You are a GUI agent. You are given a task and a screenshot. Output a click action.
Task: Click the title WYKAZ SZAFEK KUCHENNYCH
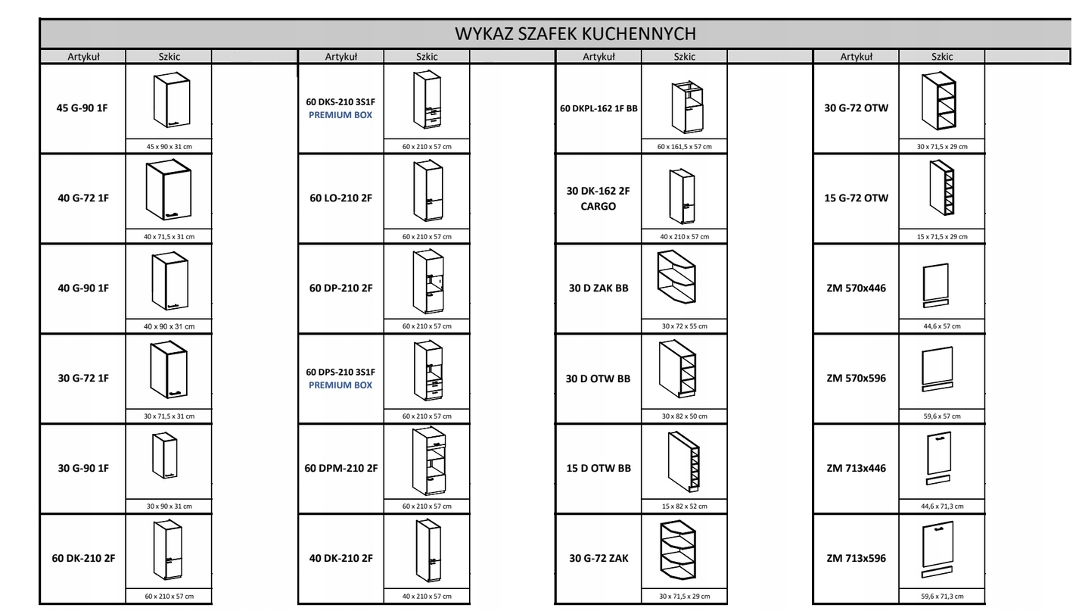(575, 34)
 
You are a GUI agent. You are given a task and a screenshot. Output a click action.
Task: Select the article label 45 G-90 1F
(83, 108)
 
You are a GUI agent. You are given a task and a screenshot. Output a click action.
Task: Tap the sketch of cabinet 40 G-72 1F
(169, 192)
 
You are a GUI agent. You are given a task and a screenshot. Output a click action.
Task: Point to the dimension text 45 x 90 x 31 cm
(169, 147)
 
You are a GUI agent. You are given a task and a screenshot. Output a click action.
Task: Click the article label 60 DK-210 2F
(83, 559)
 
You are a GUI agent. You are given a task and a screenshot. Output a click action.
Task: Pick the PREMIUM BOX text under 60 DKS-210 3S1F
(340, 115)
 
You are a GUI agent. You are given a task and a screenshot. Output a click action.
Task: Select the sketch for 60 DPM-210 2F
(427, 460)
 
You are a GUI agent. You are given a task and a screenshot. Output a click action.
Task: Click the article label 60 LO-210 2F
(340, 198)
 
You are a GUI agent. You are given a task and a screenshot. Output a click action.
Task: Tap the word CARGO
(598, 206)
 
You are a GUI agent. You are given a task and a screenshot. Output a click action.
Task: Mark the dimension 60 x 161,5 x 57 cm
(685, 147)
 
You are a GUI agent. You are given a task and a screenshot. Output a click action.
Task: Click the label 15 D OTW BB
(598, 468)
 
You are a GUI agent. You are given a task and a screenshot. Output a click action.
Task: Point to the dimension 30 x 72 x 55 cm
(685, 326)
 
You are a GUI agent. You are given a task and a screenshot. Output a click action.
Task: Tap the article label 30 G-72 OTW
(856, 108)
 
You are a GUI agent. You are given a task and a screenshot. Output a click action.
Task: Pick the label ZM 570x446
(856, 288)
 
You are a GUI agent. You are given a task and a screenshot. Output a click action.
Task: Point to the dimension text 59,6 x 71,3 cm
(941, 597)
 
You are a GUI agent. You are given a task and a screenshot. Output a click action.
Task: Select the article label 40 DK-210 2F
(340, 559)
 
